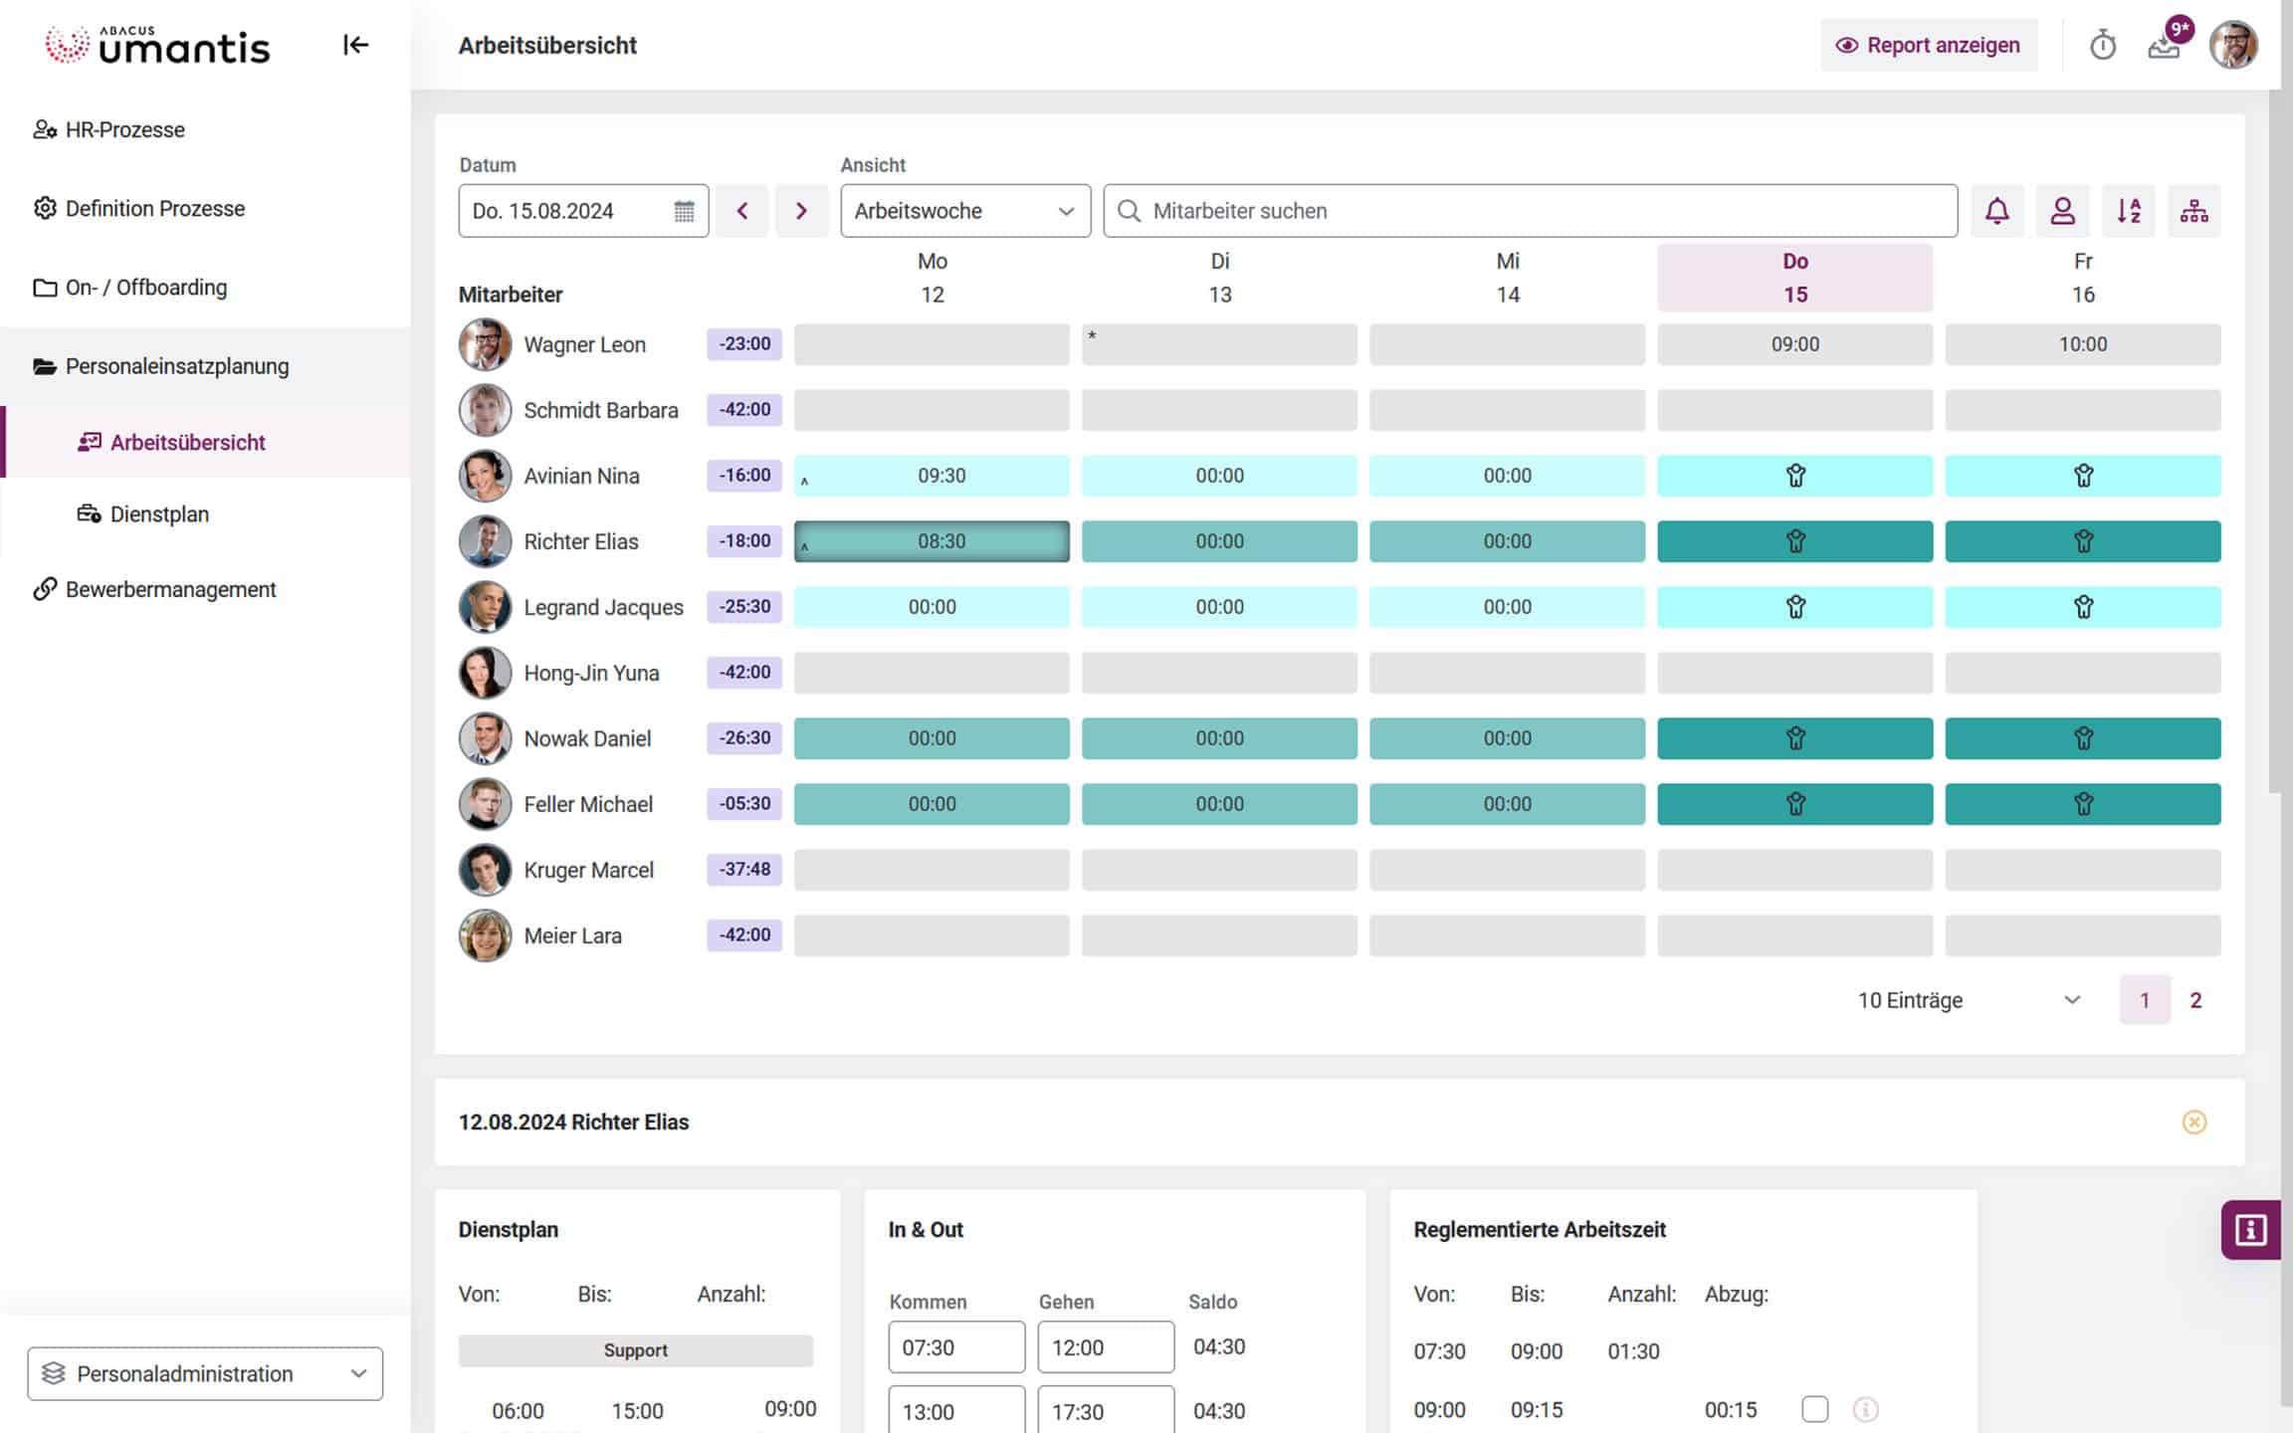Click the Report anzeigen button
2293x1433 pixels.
coord(1928,45)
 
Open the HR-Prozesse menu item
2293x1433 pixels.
coord(124,129)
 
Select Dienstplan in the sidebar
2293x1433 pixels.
coord(159,514)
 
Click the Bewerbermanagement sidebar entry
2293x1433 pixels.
coord(170,589)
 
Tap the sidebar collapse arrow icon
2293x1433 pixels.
coord(355,45)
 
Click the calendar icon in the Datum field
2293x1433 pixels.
coord(684,211)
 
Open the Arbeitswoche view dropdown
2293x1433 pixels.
coord(964,211)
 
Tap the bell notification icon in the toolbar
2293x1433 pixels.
coord(1996,211)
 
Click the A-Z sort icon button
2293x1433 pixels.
coord(2128,211)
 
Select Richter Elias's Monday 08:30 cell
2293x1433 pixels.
coord(932,541)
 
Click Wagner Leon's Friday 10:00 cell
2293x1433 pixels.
coord(2082,344)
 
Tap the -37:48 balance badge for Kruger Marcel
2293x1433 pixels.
coord(744,870)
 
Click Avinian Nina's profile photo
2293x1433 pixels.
coord(485,476)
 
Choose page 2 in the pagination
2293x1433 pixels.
coord(2195,1000)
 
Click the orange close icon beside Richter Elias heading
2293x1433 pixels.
coord(2193,1123)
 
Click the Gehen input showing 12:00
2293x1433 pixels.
coord(1105,1347)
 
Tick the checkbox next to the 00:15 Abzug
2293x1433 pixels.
coord(1814,1409)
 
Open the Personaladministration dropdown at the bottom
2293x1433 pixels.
coord(205,1373)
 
